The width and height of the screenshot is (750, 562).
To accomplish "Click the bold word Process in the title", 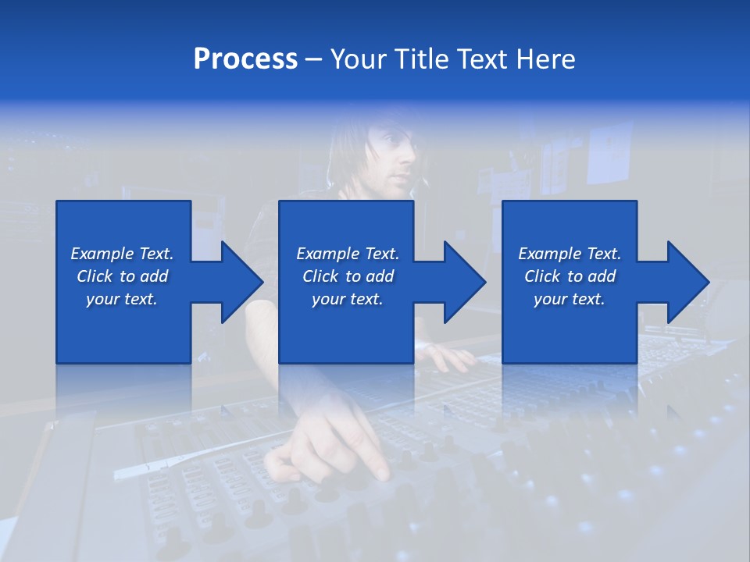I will (245, 59).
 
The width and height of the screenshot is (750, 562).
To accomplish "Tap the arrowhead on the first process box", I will (237, 282).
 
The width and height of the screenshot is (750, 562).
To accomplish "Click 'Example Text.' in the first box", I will (122, 254).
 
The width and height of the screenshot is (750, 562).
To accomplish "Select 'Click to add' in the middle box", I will (348, 276).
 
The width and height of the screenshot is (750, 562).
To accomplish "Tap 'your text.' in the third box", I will (569, 299).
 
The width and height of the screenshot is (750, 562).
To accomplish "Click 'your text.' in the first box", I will (122, 299).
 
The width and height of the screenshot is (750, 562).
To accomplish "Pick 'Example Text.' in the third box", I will (569, 254).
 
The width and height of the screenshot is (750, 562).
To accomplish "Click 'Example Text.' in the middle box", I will (348, 254).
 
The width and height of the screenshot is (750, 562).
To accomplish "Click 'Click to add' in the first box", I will (122, 276).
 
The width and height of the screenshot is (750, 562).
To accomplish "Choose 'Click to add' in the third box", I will (569, 276).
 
